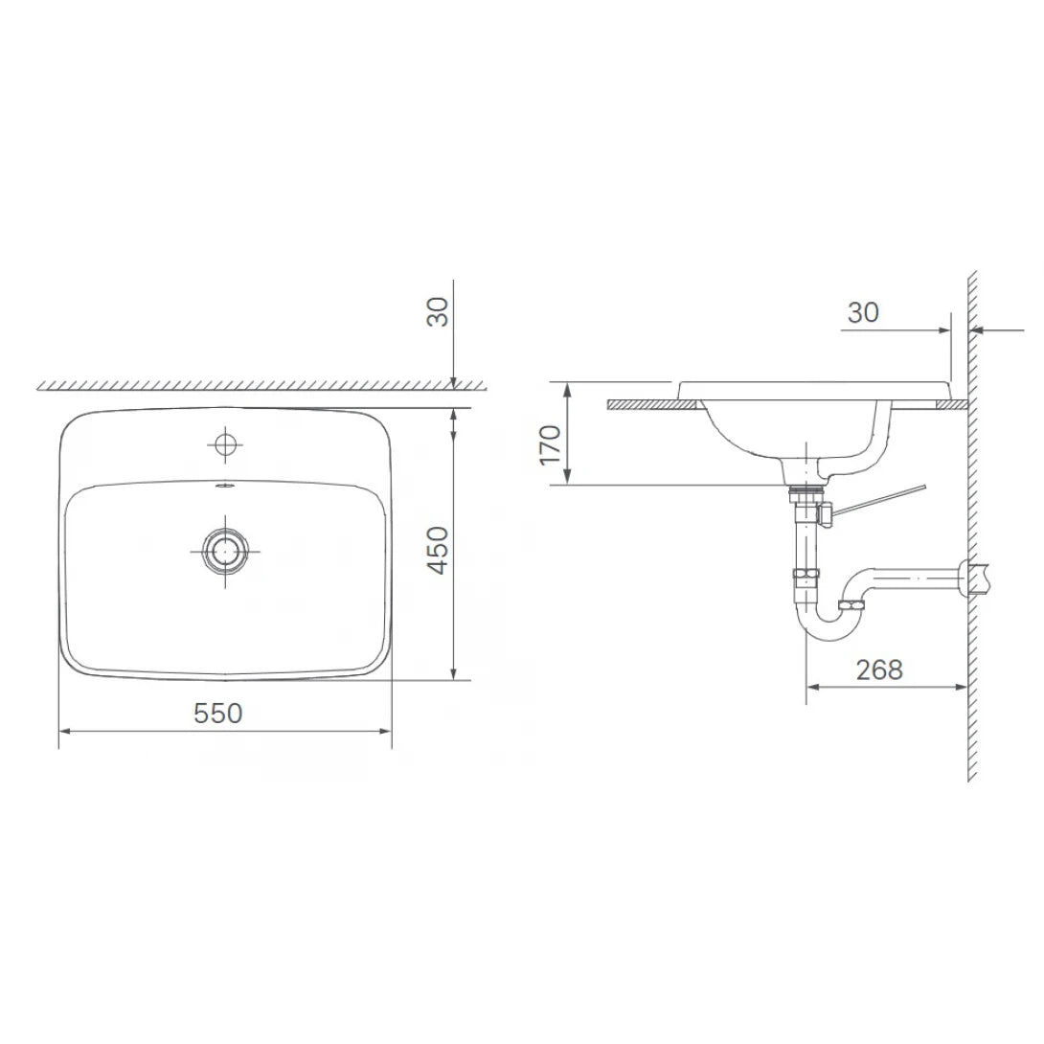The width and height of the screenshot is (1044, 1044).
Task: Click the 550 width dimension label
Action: coord(218,714)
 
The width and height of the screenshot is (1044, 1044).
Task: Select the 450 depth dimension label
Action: coord(437,550)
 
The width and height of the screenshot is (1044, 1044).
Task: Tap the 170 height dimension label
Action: coord(550,444)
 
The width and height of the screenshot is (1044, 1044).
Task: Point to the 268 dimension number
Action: coord(878,670)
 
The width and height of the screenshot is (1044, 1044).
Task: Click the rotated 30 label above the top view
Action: coord(438,311)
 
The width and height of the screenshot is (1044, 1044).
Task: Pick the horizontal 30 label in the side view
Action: coord(862,312)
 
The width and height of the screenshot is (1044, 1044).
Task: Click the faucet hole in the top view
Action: coord(226,443)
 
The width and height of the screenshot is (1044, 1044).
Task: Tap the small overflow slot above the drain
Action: coord(226,486)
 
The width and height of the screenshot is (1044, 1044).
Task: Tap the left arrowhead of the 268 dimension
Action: coord(812,686)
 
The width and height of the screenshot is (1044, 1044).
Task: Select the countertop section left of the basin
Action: coord(642,404)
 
